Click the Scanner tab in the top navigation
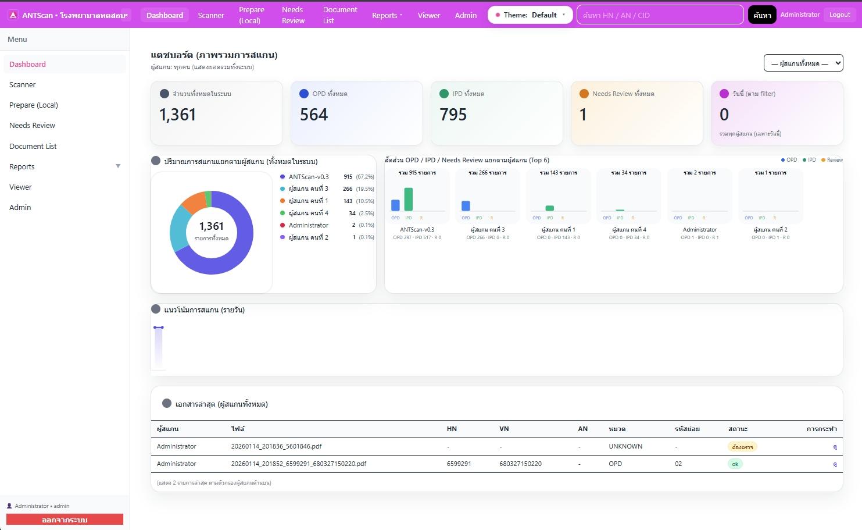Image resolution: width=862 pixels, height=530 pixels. click(x=210, y=15)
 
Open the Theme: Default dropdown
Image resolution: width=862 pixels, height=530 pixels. click(x=530, y=15)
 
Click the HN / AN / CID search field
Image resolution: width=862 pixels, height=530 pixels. click(x=659, y=15)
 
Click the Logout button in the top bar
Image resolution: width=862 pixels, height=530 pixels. click(x=839, y=15)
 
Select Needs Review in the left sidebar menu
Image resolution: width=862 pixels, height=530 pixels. click(x=32, y=126)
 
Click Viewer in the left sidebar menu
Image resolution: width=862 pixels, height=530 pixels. click(x=20, y=187)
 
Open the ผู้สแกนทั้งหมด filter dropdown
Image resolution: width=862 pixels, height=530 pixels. click(x=803, y=63)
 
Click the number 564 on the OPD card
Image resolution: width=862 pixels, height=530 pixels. click(x=314, y=115)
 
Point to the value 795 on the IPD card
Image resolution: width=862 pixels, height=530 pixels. click(x=453, y=115)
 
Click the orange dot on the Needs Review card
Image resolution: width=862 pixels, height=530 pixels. click(x=584, y=94)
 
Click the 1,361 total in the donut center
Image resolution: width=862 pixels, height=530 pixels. click(x=211, y=226)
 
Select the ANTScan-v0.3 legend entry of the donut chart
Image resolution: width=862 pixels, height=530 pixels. click(x=308, y=177)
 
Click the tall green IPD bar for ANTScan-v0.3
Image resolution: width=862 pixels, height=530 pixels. click(x=409, y=199)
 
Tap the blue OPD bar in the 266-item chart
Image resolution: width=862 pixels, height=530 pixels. click(x=466, y=205)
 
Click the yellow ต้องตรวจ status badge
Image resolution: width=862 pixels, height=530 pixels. click(x=742, y=447)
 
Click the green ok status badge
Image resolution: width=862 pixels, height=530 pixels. click(x=735, y=464)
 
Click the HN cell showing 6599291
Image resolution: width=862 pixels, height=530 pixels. click(x=459, y=464)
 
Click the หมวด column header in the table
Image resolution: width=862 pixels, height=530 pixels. click(x=617, y=429)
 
